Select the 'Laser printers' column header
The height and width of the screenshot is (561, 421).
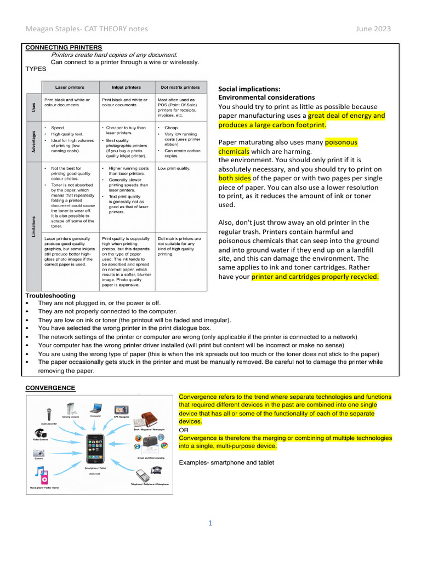pyautogui.click(x=69, y=87)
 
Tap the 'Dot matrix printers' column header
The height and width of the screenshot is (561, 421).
pyautogui.click(x=180, y=87)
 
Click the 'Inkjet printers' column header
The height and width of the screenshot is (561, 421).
pyautogui.click(x=126, y=87)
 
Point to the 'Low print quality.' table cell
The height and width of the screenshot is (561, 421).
pyautogui.click(x=174, y=168)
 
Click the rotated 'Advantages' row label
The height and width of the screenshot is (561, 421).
pyautogui.click(x=34, y=142)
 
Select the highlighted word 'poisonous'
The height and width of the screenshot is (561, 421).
pyautogui.click(x=341, y=142)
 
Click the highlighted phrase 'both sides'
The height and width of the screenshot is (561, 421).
pyautogui.click(x=235, y=178)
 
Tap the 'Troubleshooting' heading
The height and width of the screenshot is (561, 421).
pyautogui.click(x=50, y=295)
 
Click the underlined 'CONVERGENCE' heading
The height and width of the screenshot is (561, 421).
pyautogui.click(x=50, y=388)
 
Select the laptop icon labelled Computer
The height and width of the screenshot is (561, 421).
pyautogui.click(x=96, y=408)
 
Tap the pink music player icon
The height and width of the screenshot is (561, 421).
pyautogui.click(x=42, y=476)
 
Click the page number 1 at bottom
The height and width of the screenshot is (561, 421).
pyautogui.click(x=210, y=523)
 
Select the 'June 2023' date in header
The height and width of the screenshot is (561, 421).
pyautogui.click(x=373, y=28)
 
